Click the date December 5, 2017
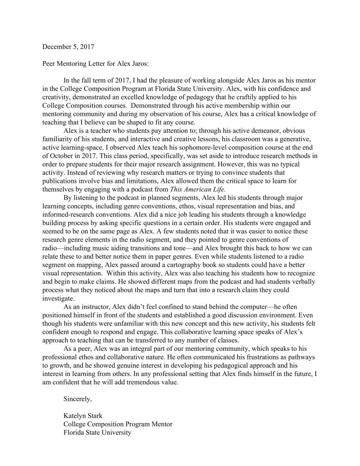click(68, 47)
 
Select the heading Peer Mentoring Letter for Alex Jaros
click(95, 63)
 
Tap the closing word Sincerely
click(78, 399)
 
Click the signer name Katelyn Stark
click(83, 416)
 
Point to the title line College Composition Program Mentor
click(118, 424)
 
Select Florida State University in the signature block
click(97, 432)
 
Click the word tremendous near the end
click(143, 382)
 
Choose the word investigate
click(58, 298)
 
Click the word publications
click(59, 181)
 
